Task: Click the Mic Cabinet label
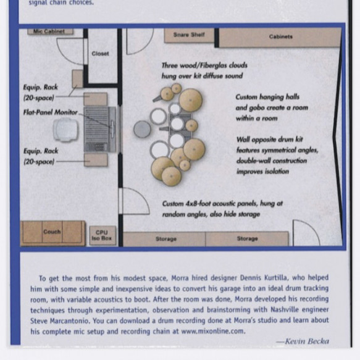[49, 31]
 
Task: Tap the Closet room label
[100, 54]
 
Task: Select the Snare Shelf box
[189, 35]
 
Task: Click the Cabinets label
[280, 36]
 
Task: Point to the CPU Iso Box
[103, 235]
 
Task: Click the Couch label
[52, 232]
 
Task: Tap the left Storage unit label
[166, 239]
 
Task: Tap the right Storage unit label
[247, 238]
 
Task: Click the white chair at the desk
[65, 130]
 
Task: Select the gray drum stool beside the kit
[143, 129]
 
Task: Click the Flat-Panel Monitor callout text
[51, 112]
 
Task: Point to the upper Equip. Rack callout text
[40, 93]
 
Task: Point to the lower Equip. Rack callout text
[41, 156]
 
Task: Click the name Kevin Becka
[307, 341]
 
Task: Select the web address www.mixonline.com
[213, 332]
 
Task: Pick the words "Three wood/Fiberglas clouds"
[204, 65]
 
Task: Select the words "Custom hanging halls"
[267, 97]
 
